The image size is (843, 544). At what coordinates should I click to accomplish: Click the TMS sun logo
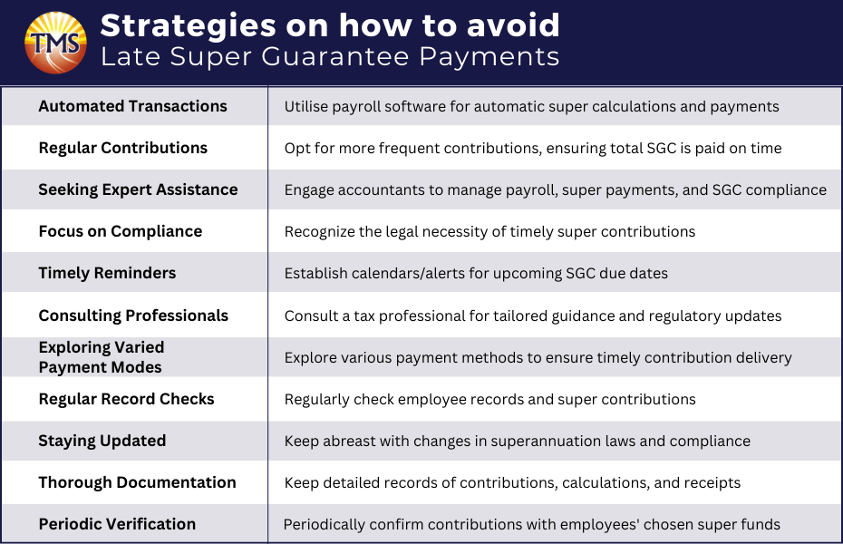pos(55,42)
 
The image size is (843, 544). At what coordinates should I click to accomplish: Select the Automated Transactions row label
pos(132,106)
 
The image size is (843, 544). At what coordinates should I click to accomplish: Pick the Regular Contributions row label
pos(122,148)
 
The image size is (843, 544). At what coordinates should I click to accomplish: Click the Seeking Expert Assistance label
pos(138,189)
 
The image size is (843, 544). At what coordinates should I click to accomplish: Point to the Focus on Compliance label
pos(120,231)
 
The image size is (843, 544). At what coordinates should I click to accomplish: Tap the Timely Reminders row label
pos(107,273)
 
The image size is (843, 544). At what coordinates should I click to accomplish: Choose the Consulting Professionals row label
pos(133,316)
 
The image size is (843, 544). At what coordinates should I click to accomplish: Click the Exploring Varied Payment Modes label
pos(101,357)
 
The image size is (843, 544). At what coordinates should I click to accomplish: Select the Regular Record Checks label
pos(126,399)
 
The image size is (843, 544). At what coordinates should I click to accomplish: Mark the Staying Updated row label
pos(102,441)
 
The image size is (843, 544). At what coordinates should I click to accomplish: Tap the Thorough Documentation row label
pos(137,482)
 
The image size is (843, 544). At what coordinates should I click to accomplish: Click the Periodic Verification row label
pos(117,524)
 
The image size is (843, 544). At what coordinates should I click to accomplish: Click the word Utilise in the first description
pos(305,106)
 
